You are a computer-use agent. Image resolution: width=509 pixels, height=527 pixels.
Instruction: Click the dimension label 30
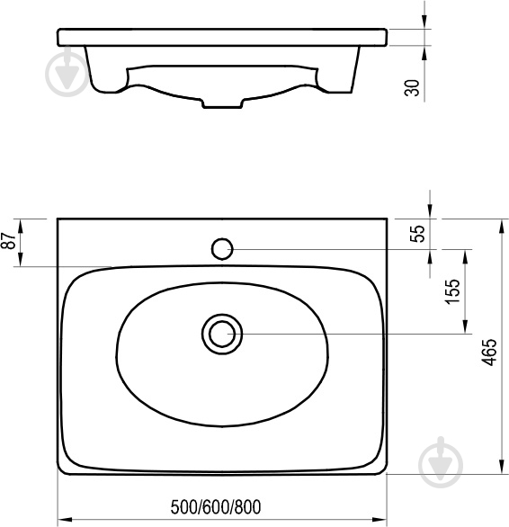tap(413, 88)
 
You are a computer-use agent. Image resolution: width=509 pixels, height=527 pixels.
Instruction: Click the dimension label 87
tap(9, 240)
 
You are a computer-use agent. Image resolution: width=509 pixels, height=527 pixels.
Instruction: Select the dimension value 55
tap(418, 234)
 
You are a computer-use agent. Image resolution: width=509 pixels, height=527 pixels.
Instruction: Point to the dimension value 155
tap(452, 291)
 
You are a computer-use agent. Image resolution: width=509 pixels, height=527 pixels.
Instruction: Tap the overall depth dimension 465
tap(489, 352)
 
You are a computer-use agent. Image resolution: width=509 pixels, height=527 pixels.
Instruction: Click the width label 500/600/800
tap(216, 507)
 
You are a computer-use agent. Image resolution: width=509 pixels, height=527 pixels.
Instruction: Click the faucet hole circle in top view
tap(222, 249)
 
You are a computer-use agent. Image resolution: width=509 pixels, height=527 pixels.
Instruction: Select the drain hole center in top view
tap(222, 334)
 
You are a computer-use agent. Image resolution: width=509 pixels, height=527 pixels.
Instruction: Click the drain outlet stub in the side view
tap(222, 103)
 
